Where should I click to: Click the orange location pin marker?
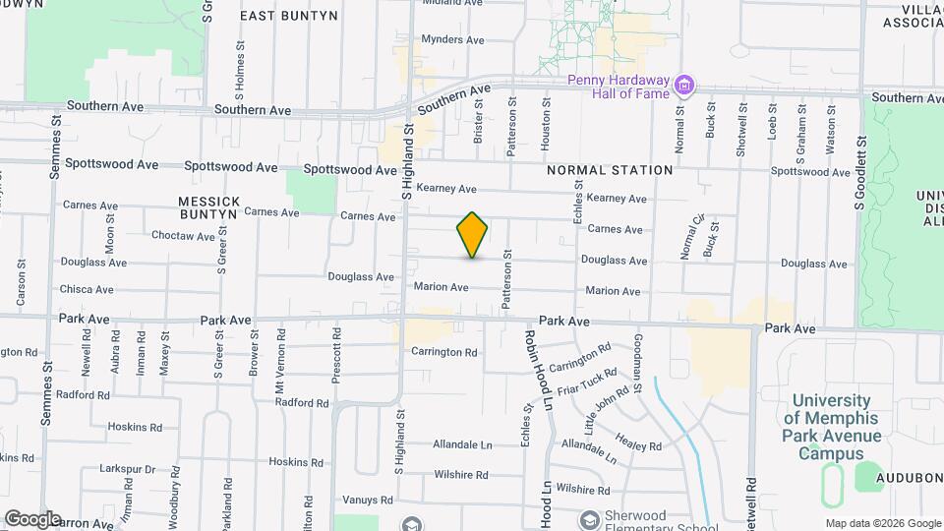[x=472, y=234]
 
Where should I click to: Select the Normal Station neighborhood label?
[x=610, y=170]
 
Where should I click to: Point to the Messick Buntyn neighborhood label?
[x=207, y=206]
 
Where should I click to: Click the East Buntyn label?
[x=289, y=16]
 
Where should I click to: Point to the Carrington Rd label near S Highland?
[x=443, y=352]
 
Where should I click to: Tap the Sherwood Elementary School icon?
[x=590, y=519]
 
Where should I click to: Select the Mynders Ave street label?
[x=452, y=40]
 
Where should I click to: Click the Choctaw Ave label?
[x=183, y=236]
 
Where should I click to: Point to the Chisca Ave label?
[x=87, y=290]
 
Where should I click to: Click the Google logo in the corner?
[x=32, y=518]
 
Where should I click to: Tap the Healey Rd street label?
[x=639, y=442]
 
